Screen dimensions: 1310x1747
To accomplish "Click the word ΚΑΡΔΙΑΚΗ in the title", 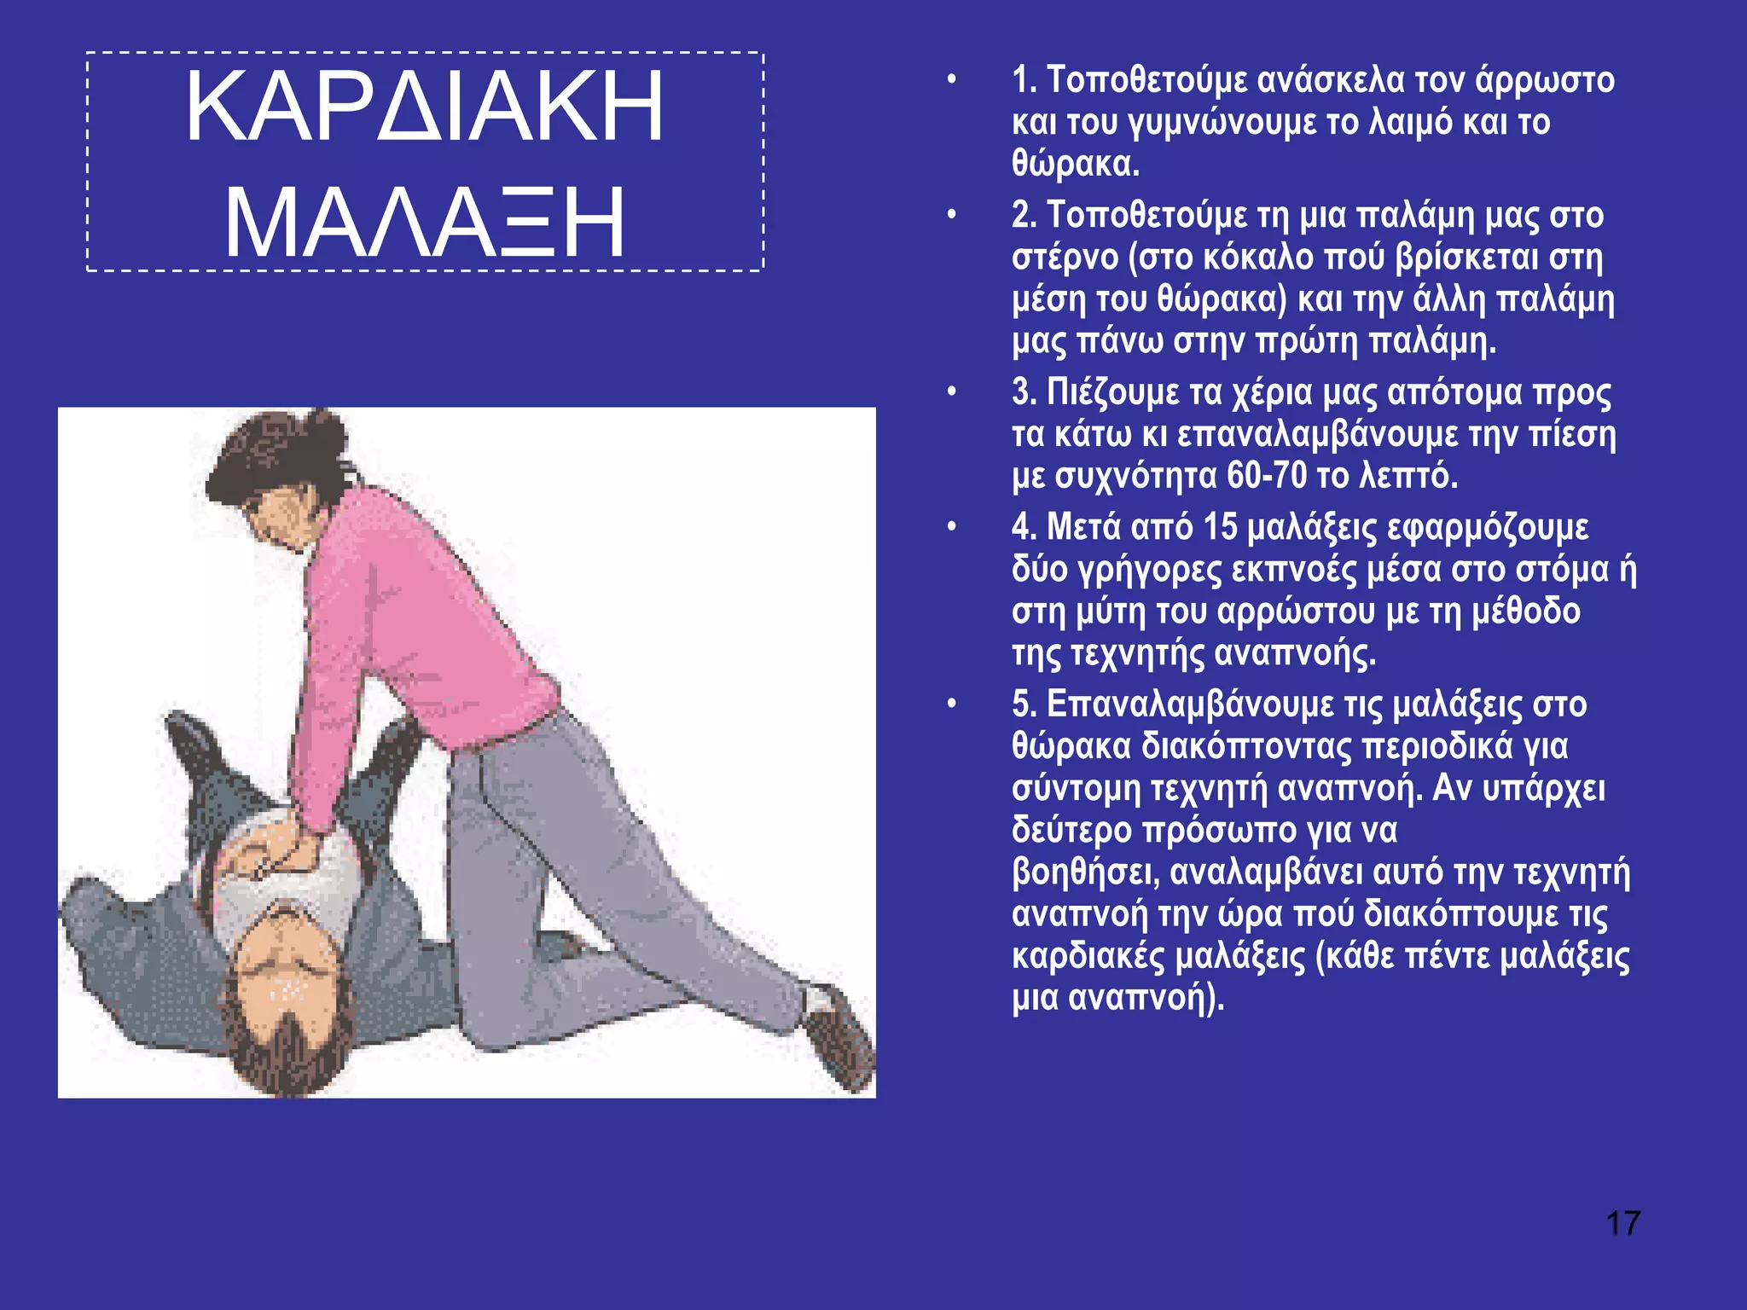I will (x=424, y=107).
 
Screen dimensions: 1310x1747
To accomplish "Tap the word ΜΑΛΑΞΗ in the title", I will (x=424, y=223).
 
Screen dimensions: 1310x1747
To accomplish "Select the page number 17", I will (x=1622, y=1223).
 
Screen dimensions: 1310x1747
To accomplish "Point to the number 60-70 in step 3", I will (x=1267, y=475).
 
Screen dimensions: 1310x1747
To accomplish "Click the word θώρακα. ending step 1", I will (x=1075, y=164).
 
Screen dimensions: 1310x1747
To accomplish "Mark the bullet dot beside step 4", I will (x=951, y=527).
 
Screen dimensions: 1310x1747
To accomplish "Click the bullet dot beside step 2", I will (x=951, y=215).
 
